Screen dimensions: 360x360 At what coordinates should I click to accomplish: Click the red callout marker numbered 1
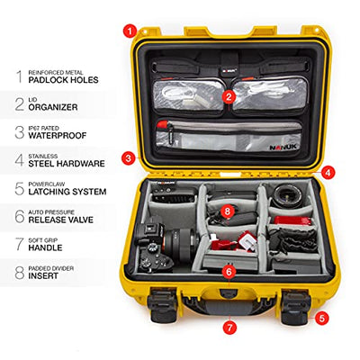point(130,31)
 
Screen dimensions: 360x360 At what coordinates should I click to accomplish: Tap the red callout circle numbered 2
point(229,96)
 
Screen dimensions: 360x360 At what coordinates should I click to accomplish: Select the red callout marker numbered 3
point(129,158)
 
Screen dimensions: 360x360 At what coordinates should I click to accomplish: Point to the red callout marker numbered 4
point(328,173)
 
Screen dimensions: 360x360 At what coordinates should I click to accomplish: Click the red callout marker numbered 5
point(321,319)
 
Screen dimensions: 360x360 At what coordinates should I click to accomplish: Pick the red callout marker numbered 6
point(229,272)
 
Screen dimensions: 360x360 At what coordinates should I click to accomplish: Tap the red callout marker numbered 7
point(229,328)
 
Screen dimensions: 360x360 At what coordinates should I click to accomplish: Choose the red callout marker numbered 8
point(228,211)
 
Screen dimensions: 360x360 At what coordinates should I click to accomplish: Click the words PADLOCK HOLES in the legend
point(63,80)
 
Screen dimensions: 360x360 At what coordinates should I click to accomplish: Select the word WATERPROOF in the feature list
point(58,136)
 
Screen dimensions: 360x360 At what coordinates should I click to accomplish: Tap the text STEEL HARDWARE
point(67,164)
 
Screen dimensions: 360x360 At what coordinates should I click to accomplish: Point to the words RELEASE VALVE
point(61,220)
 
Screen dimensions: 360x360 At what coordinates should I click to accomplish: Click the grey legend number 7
point(20,244)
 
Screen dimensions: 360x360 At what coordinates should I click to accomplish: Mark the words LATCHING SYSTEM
point(67,192)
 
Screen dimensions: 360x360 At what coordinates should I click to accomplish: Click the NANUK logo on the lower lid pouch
point(283,147)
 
